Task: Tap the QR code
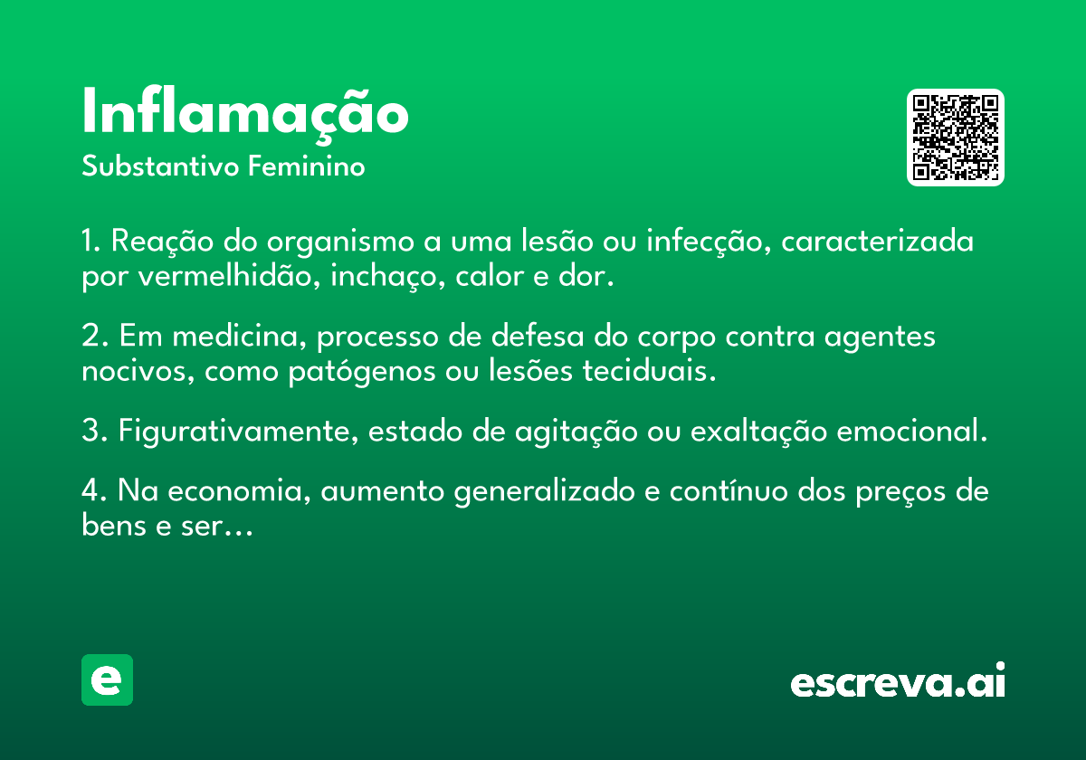point(955,138)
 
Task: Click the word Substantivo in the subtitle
point(160,166)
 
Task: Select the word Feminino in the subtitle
point(307,166)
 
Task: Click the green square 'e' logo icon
point(107,679)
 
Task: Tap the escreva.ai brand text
point(898,680)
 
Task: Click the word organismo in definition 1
point(340,242)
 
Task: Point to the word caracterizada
point(878,241)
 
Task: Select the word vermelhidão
point(229,276)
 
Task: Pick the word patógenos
point(362,372)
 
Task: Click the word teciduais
point(649,371)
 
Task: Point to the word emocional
point(912,431)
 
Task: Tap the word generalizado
point(545,491)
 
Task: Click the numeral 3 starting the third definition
point(90,431)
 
